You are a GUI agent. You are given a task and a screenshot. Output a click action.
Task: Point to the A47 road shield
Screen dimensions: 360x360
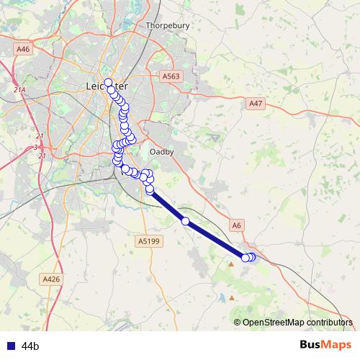coord(256,104)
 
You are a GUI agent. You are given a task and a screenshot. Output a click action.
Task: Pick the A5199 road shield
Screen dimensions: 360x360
coord(148,242)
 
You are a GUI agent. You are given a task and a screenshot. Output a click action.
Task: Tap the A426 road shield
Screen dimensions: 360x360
coord(50,279)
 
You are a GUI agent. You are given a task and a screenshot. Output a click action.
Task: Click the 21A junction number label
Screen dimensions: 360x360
coord(19,90)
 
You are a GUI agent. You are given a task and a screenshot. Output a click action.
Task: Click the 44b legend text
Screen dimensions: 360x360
coord(30,346)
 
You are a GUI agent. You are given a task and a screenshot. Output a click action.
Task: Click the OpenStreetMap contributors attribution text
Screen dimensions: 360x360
coord(297,323)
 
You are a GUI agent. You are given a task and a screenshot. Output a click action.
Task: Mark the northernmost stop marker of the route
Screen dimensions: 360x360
coord(109,82)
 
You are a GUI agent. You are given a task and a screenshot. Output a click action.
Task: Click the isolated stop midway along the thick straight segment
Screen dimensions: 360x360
coord(186,221)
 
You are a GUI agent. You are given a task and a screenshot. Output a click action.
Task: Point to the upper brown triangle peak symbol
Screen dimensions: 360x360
coord(231,264)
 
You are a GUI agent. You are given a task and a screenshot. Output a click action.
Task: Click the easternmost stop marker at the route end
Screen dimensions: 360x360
coord(252,256)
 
